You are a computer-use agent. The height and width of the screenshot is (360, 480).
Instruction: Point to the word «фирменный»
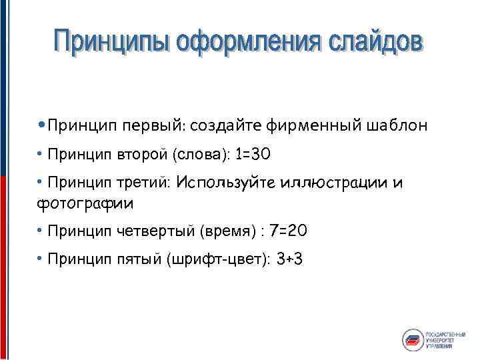[x=313, y=125]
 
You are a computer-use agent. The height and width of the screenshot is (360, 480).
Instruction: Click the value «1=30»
[x=253, y=155]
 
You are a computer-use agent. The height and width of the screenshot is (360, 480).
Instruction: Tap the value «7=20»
[x=289, y=231]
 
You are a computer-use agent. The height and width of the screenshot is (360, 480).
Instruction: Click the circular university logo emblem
[x=413, y=339]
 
